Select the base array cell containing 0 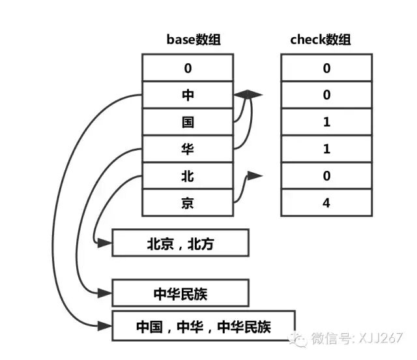point(188,68)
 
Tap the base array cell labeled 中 point(188,95)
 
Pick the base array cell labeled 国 point(188,122)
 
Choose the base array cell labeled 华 point(188,149)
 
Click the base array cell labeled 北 point(188,176)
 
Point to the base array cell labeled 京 point(188,203)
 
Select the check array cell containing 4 point(326,203)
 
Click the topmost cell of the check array point(326,68)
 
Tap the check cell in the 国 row point(326,122)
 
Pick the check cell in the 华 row point(326,149)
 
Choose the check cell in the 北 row point(326,176)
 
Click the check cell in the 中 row point(326,95)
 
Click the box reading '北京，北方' point(180,244)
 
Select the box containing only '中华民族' point(180,293)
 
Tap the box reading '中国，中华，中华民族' point(203,326)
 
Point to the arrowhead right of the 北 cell point(255,176)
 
